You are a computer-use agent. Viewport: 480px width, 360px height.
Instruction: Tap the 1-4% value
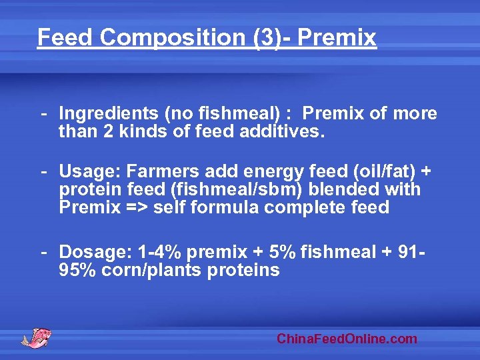click(x=160, y=253)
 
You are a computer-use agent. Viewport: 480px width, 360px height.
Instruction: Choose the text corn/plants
click(x=151, y=270)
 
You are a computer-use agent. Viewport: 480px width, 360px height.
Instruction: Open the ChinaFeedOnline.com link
click(x=347, y=339)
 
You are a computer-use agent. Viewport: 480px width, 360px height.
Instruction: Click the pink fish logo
click(x=37, y=337)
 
